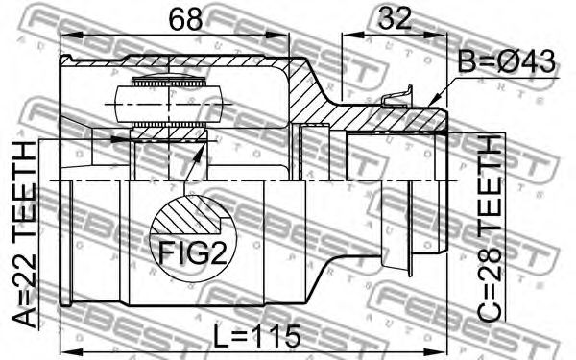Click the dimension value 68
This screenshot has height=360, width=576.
click(185, 19)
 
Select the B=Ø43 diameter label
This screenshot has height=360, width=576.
click(507, 61)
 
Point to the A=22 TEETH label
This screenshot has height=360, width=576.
click(25, 234)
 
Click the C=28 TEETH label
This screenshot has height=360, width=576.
click(489, 228)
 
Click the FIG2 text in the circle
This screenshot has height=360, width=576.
click(192, 253)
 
